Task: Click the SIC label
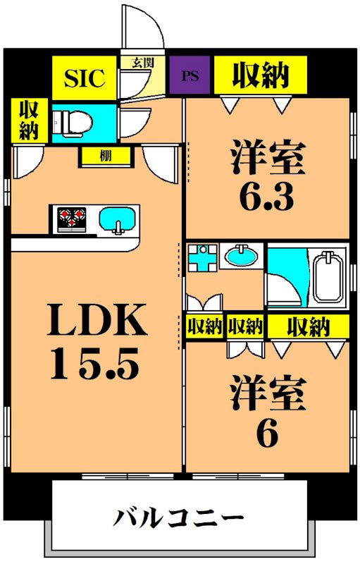85,78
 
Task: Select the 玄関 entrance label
142,63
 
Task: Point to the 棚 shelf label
106,156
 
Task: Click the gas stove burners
72,219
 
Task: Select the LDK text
97,319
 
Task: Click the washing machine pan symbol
203,257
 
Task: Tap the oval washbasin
241,256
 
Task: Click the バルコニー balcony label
179,518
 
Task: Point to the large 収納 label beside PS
261,75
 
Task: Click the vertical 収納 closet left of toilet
28,120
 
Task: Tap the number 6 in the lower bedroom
267,433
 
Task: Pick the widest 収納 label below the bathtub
309,326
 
